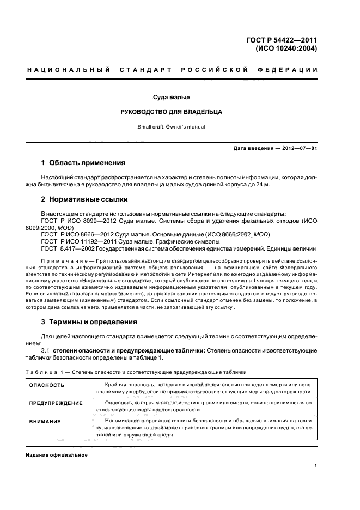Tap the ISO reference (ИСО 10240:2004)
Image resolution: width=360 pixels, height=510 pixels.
[x=286, y=48]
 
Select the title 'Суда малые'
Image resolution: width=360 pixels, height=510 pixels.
[x=171, y=98]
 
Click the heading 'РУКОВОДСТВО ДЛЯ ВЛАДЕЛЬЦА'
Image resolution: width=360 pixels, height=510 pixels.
[x=171, y=112]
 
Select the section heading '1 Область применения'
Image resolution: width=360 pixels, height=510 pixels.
[x=83, y=163]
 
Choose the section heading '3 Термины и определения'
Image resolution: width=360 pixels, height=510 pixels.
[x=89, y=322]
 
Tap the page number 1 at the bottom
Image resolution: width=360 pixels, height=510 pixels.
[x=316, y=465]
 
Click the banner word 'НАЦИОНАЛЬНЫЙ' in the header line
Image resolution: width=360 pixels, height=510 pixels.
[x=69, y=70]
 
